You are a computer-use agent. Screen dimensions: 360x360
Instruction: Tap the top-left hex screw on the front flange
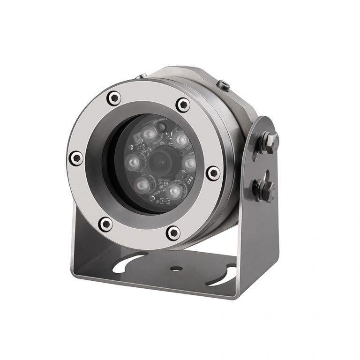pyautogui.click(x=113, y=98)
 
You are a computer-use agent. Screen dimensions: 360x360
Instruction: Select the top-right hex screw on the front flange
pyautogui.click(x=183, y=104)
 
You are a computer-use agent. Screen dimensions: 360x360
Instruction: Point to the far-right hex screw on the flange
pyautogui.click(x=213, y=173)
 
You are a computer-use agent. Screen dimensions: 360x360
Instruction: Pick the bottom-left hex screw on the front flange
pyautogui.click(x=106, y=224)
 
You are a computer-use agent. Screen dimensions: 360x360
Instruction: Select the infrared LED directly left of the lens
pyautogui.click(x=132, y=162)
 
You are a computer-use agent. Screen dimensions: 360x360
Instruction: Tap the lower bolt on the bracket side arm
pyautogui.click(x=264, y=188)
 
